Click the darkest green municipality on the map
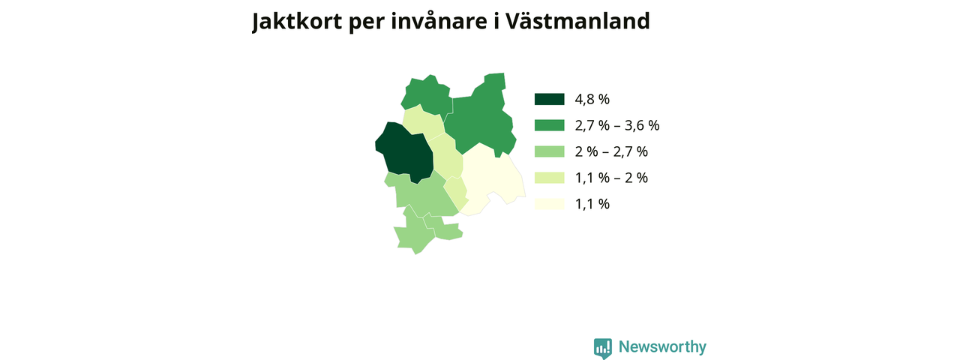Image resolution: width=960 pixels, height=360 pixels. (405, 152)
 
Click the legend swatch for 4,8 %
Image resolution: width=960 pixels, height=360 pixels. (550, 100)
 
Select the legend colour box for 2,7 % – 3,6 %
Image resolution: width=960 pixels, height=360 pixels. (550, 125)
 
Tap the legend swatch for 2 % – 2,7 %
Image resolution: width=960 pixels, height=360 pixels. (550, 151)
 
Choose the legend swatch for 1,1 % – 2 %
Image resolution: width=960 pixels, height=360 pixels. (550, 178)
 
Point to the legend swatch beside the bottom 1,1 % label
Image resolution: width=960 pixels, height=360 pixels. (550, 204)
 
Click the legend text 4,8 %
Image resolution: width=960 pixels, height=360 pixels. (592, 100)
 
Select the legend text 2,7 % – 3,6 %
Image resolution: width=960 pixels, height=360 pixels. (617, 125)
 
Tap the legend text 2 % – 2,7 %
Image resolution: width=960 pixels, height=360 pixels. (611, 151)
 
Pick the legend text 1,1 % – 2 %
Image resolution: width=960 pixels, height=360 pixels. (611, 178)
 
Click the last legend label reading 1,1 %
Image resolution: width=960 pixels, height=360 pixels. (592, 204)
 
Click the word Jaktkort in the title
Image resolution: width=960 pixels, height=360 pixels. (297, 22)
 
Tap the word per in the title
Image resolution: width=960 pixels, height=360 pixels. (367, 23)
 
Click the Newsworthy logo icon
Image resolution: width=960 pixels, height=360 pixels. (603, 348)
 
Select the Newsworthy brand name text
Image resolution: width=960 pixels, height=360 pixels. (662, 346)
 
